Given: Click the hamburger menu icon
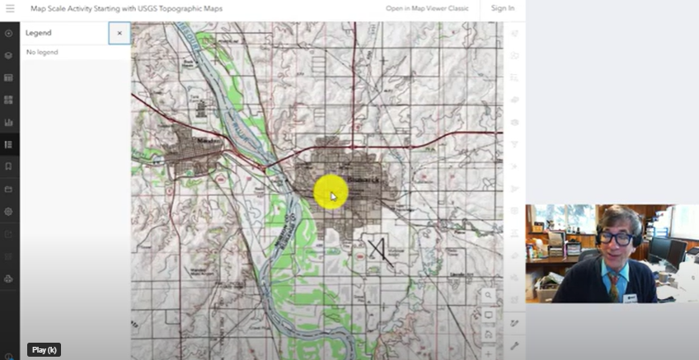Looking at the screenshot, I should [9, 8].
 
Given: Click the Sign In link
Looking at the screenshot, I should [502, 8].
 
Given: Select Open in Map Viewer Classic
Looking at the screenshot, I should [427, 8].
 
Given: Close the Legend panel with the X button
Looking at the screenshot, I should [120, 33].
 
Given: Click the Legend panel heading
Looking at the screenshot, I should [39, 33].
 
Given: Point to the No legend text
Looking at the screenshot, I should [42, 52].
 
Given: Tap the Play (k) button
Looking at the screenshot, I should [45, 349].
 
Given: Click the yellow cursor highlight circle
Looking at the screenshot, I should [331, 193].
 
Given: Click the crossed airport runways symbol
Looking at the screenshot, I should [378, 248].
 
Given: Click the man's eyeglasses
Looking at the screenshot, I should [616, 238].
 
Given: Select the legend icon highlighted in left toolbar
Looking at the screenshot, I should [9, 145].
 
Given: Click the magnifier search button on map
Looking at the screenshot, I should [488, 295].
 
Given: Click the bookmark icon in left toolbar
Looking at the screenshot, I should [9, 166].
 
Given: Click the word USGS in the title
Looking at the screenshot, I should [154, 8].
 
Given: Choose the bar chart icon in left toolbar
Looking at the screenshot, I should [9, 123].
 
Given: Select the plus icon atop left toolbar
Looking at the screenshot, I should [9, 34].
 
